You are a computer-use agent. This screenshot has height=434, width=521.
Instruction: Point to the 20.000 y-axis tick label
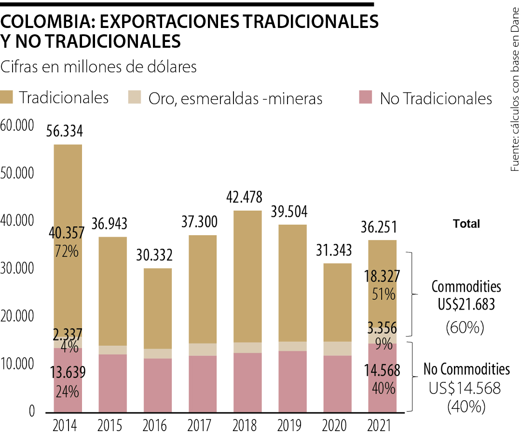point(17,317)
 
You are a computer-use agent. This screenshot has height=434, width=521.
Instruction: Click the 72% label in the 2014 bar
point(67,251)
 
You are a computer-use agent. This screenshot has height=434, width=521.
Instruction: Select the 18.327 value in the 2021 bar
point(381,276)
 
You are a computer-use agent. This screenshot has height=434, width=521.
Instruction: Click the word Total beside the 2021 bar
point(466,224)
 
